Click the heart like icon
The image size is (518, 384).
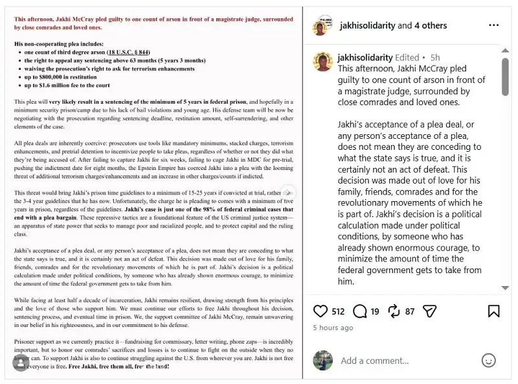pyautogui.click(x=320, y=311)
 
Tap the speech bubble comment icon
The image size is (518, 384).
pyautogui.click(x=360, y=311)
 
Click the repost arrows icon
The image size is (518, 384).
pyautogui.click(x=394, y=311)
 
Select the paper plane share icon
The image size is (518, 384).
pyautogui.click(x=429, y=311)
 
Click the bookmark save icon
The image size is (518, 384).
pyautogui.click(x=493, y=311)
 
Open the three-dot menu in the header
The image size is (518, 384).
pyautogui.click(x=494, y=25)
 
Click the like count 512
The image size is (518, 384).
pyautogui.click(x=338, y=312)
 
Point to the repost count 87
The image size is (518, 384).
pyautogui.click(x=410, y=312)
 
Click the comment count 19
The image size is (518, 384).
pyautogui.click(x=375, y=312)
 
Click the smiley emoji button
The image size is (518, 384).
pyautogui.click(x=489, y=360)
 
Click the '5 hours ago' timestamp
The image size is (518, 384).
pyautogui.click(x=333, y=328)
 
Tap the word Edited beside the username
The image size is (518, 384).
pyautogui.click(x=407, y=58)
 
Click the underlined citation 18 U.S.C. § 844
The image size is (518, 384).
pyautogui.click(x=129, y=52)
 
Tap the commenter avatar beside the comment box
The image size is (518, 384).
pyautogui.click(x=322, y=361)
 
